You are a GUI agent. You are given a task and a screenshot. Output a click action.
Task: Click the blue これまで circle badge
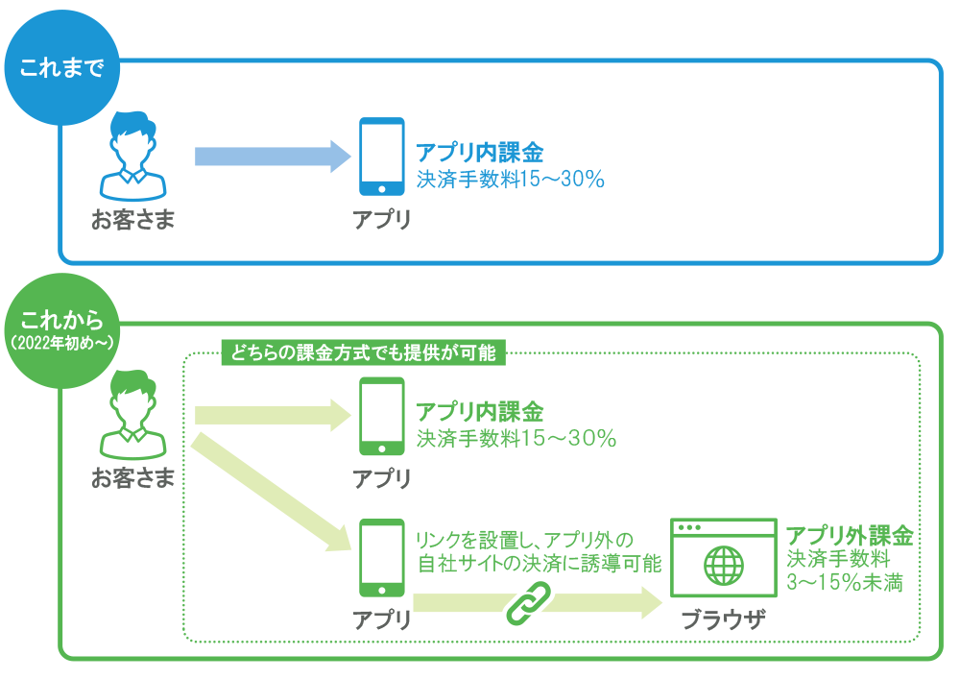click(61, 67)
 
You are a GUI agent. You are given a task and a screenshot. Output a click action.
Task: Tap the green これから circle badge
click(61, 330)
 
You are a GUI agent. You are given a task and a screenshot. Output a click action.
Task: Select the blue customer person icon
click(132, 157)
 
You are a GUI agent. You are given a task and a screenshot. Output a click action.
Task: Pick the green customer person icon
click(132, 415)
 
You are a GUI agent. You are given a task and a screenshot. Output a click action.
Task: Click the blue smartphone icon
click(381, 157)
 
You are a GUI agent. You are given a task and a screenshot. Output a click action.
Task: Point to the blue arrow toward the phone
click(273, 157)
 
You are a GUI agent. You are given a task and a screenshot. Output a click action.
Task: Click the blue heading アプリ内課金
click(479, 153)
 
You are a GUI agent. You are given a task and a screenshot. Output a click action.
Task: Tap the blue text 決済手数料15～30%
click(511, 179)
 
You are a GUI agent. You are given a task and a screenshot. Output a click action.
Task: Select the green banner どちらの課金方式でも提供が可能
click(364, 352)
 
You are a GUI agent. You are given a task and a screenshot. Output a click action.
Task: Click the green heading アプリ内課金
click(479, 412)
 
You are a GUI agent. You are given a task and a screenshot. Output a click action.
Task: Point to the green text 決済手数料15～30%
click(516, 438)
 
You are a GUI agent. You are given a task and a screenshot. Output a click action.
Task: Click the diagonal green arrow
click(271, 493)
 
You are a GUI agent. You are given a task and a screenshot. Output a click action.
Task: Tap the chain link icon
click(529, 603)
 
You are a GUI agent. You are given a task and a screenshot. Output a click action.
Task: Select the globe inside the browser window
click(724, 566)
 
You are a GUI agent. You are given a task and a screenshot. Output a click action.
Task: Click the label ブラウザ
click(724, 620)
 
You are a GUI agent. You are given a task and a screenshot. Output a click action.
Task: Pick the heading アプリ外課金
click(850, 536)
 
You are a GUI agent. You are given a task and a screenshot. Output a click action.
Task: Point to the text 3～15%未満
click(845, 582)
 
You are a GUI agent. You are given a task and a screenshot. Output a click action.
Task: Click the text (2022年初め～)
click(61, 343)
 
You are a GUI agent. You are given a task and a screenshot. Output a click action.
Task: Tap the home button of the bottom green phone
click(381, 591)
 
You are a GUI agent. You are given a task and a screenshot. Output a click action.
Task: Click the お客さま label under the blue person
click(132, 220)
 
